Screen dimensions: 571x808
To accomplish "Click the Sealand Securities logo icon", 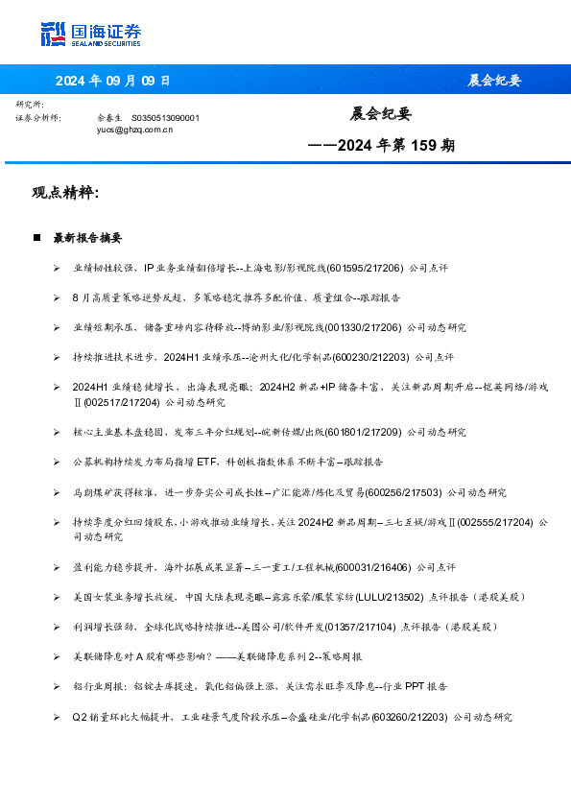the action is pyautogui.click(x=53, y=34).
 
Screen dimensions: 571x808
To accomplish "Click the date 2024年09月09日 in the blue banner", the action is pyautogui.click(x=112, y=81).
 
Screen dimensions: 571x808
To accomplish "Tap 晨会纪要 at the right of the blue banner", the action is pyautogui.click(x=494, y=81).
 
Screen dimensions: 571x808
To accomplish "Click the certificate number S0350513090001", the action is pyautogui.click(x=165, y=117).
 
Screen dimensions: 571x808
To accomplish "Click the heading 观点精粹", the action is pyautogui.click(x=65, y=193).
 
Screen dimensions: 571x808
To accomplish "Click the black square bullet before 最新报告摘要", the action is pyautogui.click(x=36, y=237).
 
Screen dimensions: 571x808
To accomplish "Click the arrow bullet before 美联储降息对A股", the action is pyautogui.click(x=58, y=657).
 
